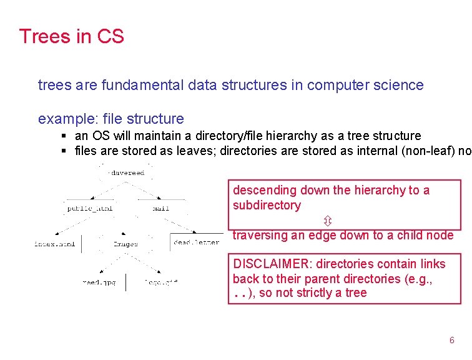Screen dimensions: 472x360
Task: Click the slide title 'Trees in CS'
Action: [71, 36]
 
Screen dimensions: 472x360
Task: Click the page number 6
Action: [452, 340]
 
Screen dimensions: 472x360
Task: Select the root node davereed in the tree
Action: [127, 172]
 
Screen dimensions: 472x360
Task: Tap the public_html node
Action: [89, 208]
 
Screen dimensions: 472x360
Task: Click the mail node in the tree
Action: [160, 208]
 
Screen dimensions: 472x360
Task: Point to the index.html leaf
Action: [54, 244]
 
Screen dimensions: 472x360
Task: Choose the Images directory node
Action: [125, 244]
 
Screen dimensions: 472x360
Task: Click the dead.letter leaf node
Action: [196, 242]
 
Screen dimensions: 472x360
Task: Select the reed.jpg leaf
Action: [99, 282]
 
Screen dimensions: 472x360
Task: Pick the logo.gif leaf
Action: [161, 282]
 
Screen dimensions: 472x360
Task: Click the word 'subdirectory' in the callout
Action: [267, 205]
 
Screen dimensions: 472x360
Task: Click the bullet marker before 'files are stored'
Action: [64, 151]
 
